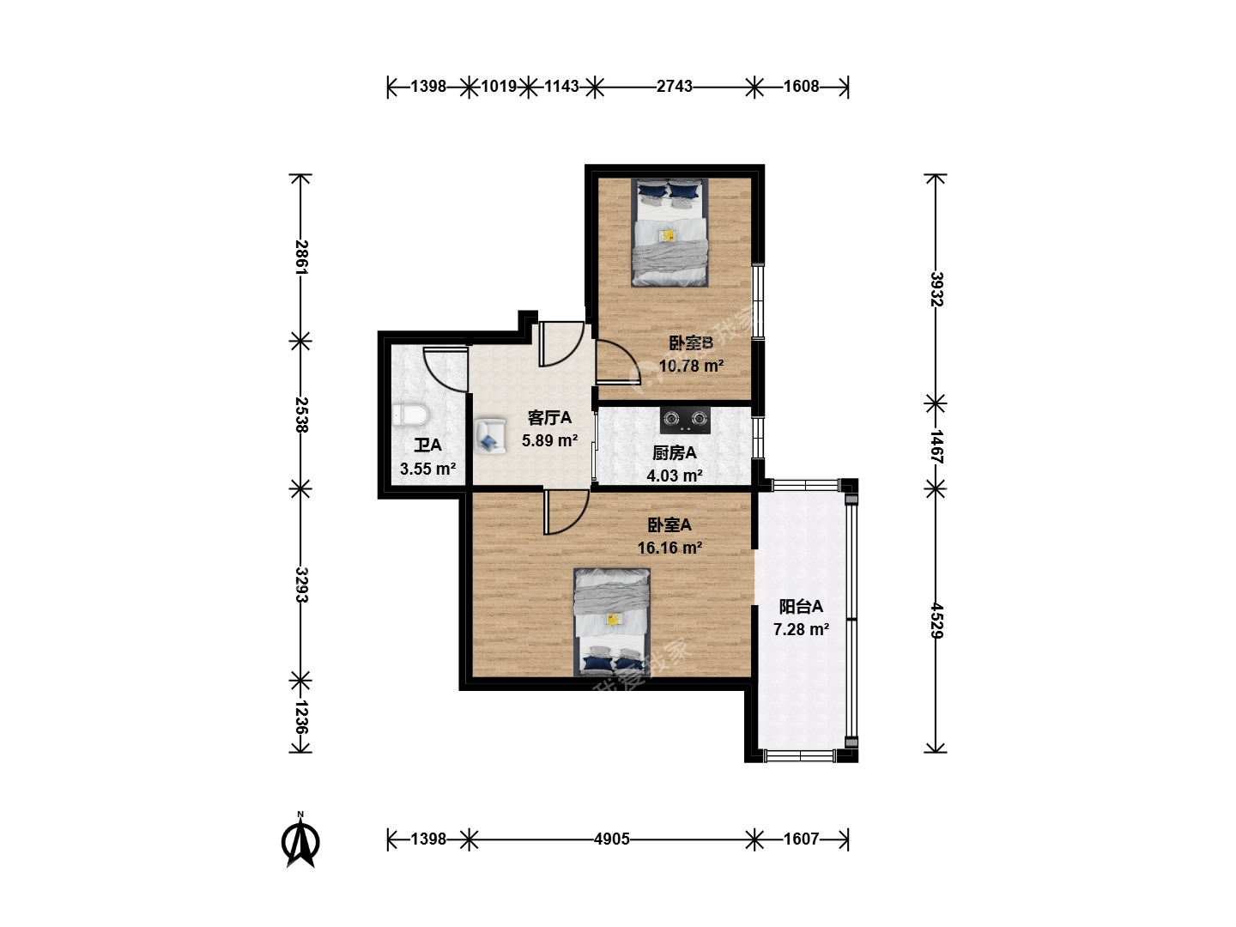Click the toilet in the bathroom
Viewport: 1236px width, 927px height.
[x=410, y=415]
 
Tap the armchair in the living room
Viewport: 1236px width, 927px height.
[x=490, y=435]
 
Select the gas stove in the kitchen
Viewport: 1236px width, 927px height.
[x=685, y=420]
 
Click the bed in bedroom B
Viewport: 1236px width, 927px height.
[x=669, y=233]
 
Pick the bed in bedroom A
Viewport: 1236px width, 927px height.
[x=611, y=622]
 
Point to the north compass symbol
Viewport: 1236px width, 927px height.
[x=300, y=840]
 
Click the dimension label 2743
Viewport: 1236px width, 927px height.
[x=674, y=86]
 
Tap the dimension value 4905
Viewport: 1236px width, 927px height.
[x=611, y=839]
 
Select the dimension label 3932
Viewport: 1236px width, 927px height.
[x=936, y=289]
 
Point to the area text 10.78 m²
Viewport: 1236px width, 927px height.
[x=691, y=366]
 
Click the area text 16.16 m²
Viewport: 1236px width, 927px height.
[x=669, y=548]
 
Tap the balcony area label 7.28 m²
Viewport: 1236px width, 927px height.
[x=801, y=629]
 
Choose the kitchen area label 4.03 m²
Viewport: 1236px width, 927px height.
[x=674, y=476]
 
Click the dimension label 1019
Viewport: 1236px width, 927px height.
[x=499, y=86]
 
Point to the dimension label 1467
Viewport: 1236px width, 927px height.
[x=936, y=446]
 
